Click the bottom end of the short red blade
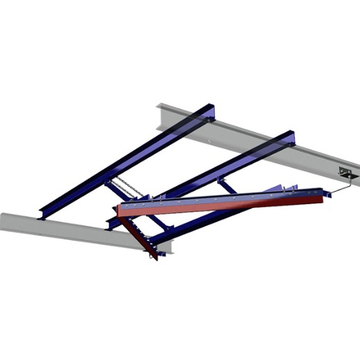[154, 256]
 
